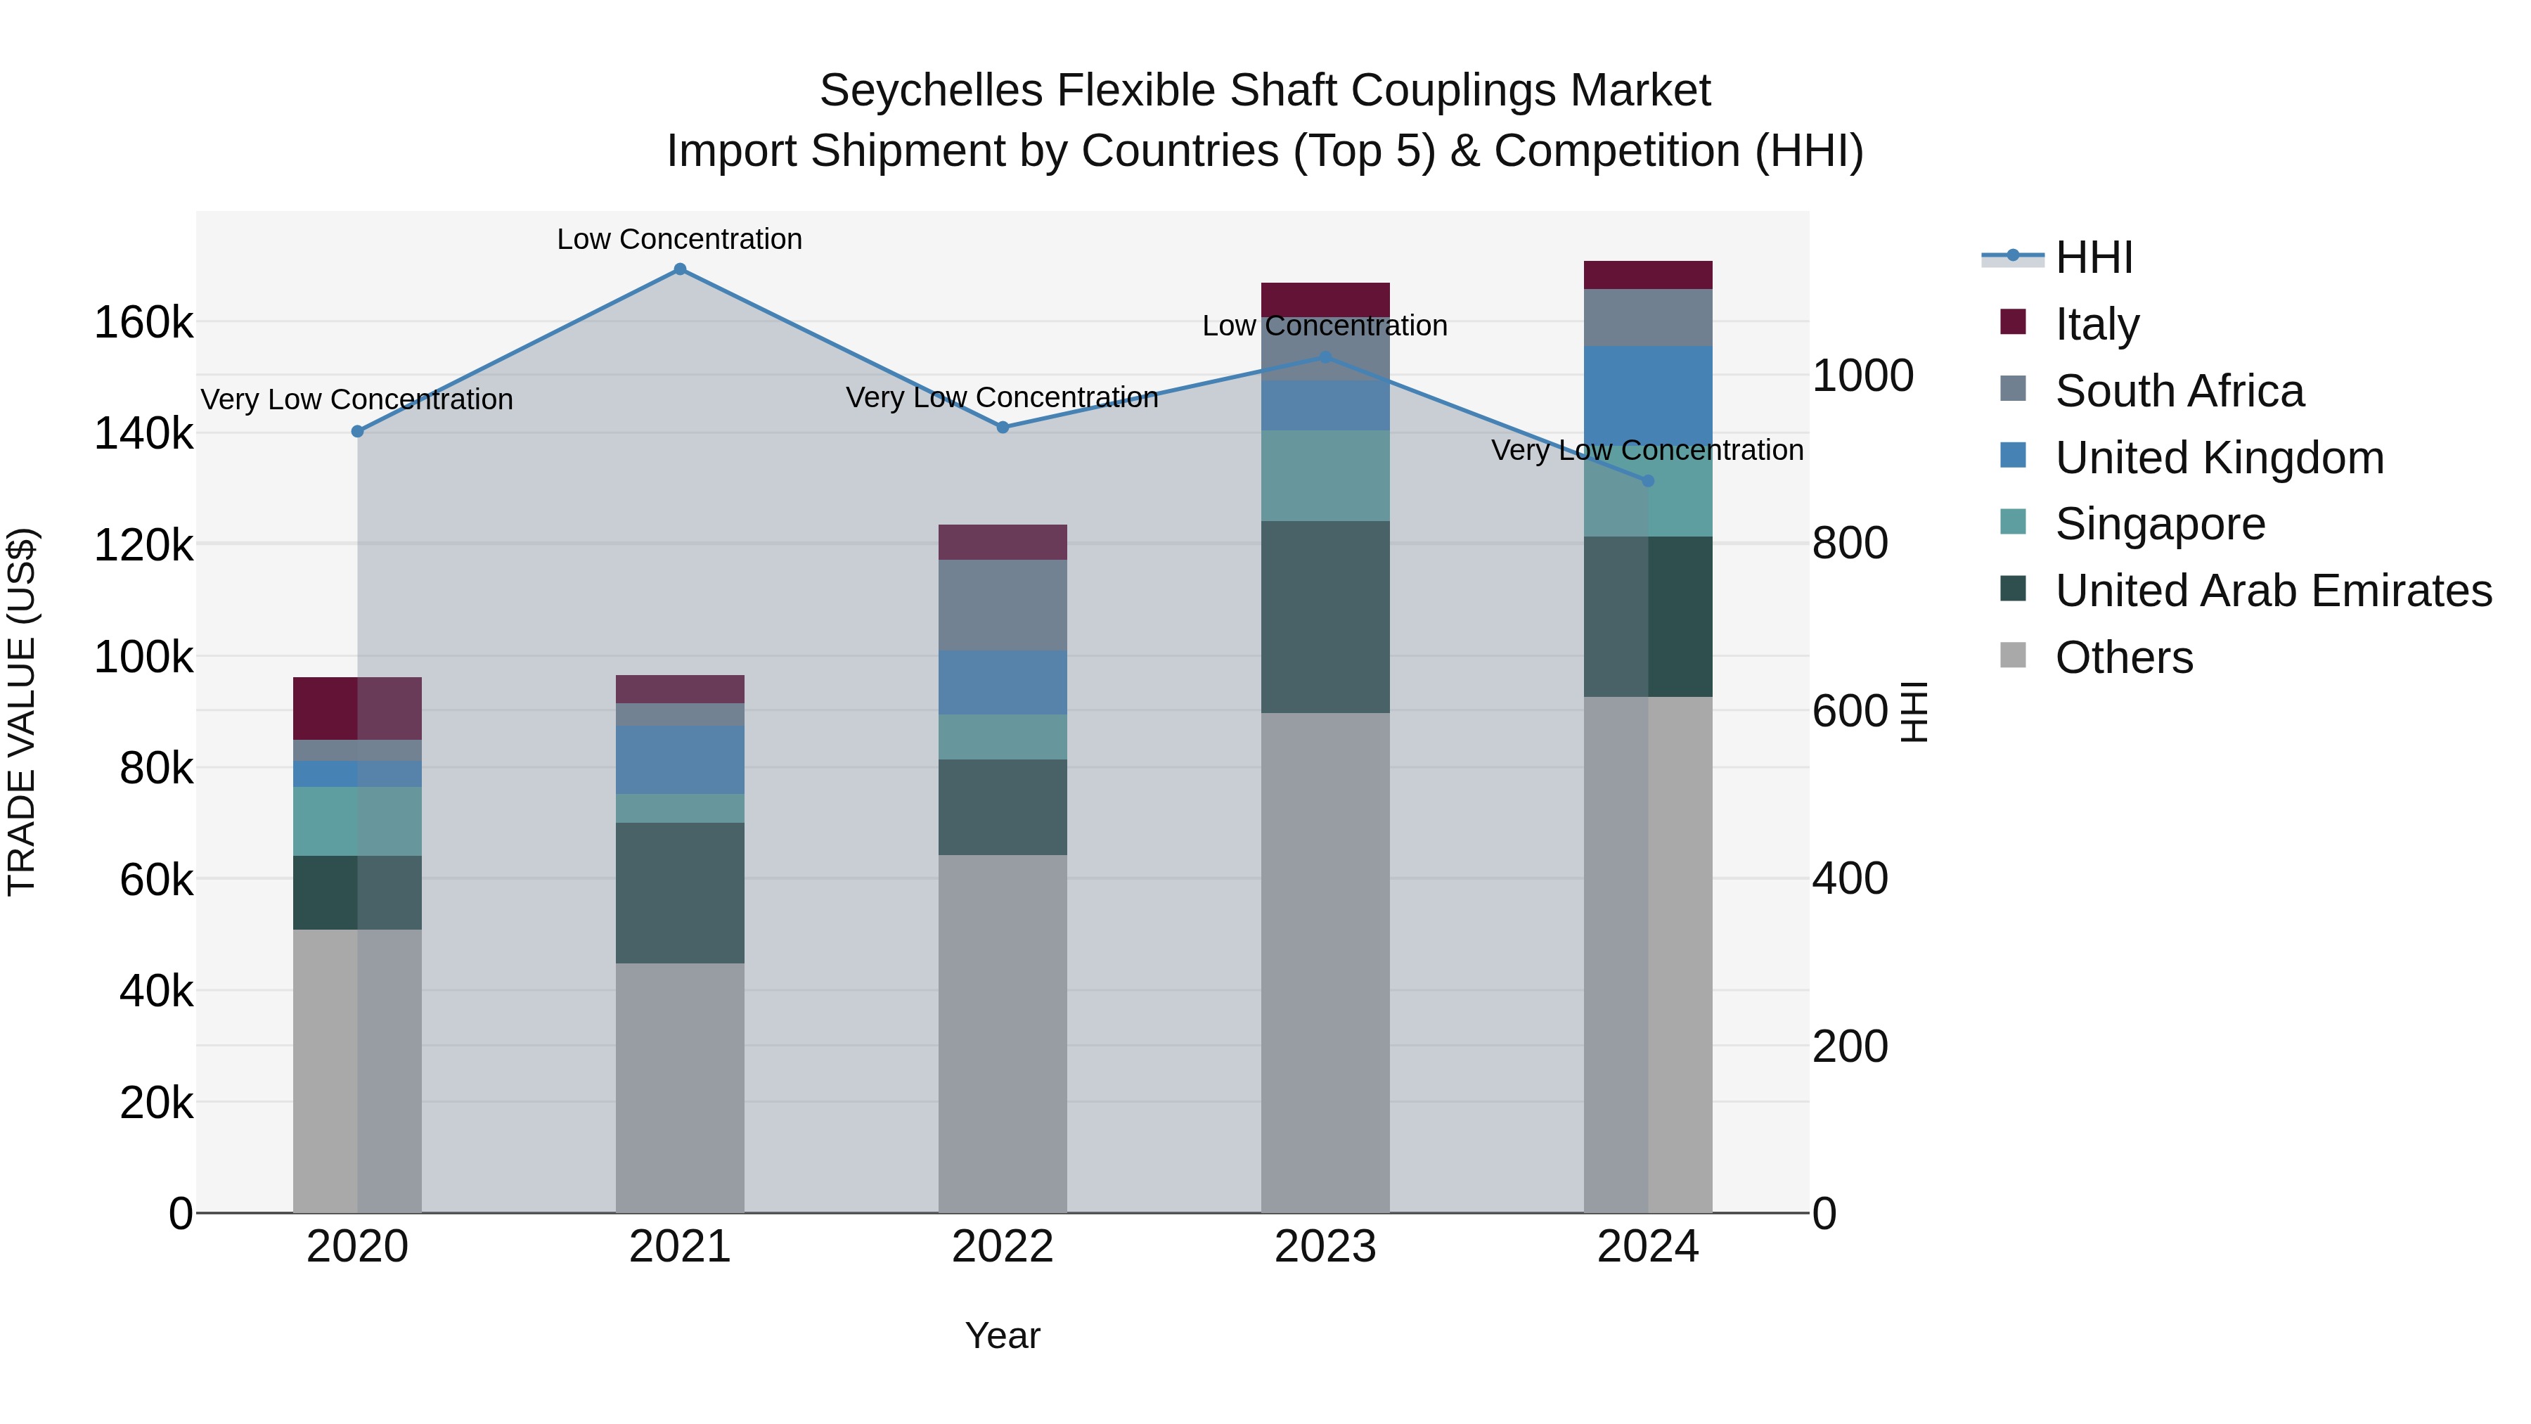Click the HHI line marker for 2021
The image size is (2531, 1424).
click(x=680, y=269)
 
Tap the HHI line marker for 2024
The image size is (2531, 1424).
click(x=1648, y=480)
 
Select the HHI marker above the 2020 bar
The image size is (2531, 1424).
click(x=358, y=432)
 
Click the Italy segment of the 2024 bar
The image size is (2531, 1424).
click(x=1648, y=275)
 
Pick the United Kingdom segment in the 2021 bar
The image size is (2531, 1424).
click(x=680, y=759)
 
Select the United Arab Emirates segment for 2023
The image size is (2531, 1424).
click(x=1325, y=617)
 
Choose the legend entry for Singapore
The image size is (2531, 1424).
click(x=2160, y=524)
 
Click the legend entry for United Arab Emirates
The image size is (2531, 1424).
click(x=2272, y=591)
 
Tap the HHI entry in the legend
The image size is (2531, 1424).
click(x=2093, y=257)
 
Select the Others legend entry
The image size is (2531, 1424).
click(x=2123, y=658)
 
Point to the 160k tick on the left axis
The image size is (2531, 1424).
click(x=143, y=322)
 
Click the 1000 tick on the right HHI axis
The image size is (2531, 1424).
click(x=1862, y=376)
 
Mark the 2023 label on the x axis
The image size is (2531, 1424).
click(x=1325, y=1247)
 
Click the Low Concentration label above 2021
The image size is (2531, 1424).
click(x=680, y=239)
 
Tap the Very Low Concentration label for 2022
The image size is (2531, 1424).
click(x=1002, y=397)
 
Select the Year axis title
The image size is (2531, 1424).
click(x=1002, y=1335)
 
